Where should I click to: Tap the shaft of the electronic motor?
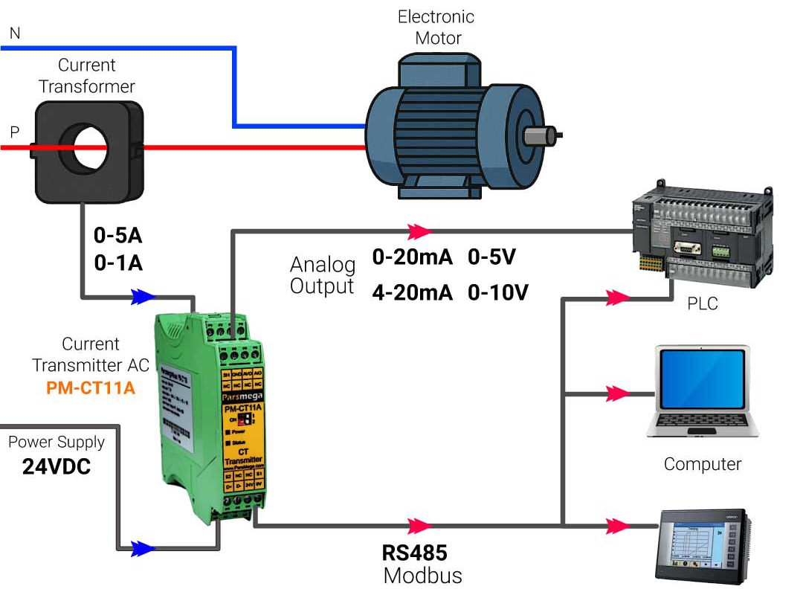pyautogui.click(x=542, y=135)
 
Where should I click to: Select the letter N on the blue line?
pyautogui.click(x=15, y=33)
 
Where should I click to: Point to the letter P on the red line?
pyautogui.click(x=15, y=132)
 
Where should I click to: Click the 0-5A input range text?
pyautogui.click(x=117, y=236)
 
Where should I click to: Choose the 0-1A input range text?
pyautogui.click(x=117, y=263)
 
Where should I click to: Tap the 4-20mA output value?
pyautogui.click(x=412, y=292)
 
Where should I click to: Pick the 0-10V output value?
pyautogui.click(x=497, y=292)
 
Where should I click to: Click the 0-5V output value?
pyautogui.click(x=491, y=258)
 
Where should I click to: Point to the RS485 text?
pyautogui.click(x=414, y=553)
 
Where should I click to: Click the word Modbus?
pyautogui.click(x=422, y=576)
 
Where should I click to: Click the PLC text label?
pyautogui.click(x=703, y=303)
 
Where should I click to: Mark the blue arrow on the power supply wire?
pyautogui.click(x=143, y=550)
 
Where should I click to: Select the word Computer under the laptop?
pyautogui.click(x=703, y=464)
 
